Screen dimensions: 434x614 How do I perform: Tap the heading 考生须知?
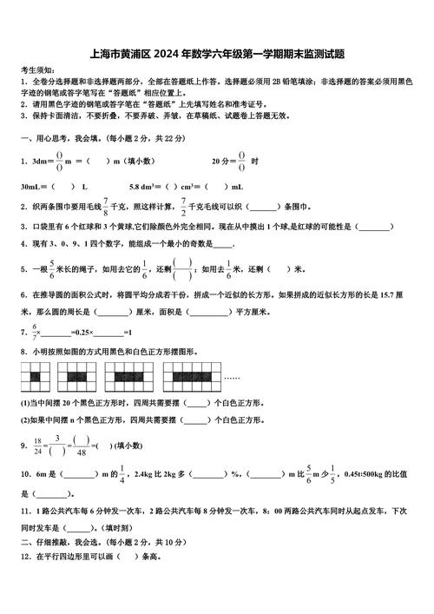click(36, 69)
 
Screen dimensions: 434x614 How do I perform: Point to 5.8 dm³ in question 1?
click(143, 186)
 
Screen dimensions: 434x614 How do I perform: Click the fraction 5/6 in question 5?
click(52, 268)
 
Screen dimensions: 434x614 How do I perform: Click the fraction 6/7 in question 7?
click(36, 332)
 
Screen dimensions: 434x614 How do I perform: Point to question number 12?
click(24, 556)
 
